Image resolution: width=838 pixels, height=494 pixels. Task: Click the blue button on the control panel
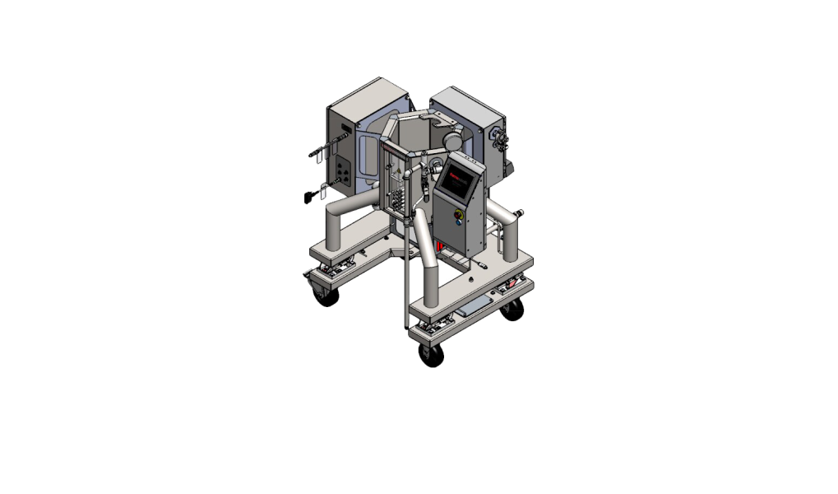pos(458,231)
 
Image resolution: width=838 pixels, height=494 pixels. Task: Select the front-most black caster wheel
pos(431,354)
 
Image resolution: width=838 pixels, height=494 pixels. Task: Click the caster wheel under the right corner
pos(513,310)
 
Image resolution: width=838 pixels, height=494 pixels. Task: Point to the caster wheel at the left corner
pos(326,292)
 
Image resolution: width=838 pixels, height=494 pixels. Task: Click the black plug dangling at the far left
pos(311,195)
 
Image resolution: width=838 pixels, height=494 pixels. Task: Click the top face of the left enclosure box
pos(365,93)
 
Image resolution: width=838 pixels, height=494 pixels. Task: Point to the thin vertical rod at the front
pos(406,272)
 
